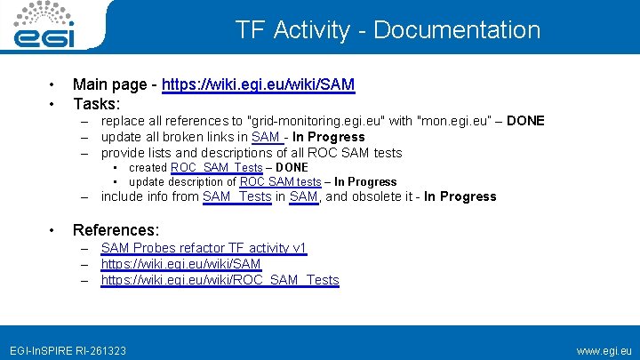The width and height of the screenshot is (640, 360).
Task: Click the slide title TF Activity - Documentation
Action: [388, 30]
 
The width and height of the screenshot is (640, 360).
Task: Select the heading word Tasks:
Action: [96, 104]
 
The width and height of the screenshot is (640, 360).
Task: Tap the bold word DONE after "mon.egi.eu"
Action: [525, 121]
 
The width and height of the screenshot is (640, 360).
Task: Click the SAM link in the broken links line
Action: [266, 137]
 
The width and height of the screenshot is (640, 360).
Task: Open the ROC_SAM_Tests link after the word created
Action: [217, 167]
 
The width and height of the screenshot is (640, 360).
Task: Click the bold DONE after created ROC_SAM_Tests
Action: [292, 167]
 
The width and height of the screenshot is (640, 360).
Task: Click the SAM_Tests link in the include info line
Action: [236, 196]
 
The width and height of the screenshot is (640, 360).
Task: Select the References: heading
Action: [116, 230]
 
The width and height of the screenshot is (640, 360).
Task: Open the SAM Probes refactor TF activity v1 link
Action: [204, 248]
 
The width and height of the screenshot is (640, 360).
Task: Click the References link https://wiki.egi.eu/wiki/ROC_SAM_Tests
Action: [220, 280]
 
